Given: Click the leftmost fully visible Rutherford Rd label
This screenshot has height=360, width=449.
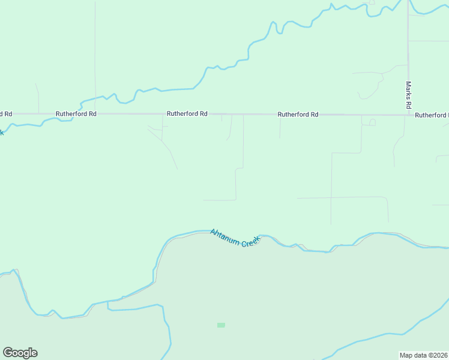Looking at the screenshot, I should pos(76,113).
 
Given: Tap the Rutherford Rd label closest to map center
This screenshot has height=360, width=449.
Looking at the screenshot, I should pos(187,113).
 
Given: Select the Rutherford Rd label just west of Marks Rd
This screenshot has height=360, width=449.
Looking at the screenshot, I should pos(298,114).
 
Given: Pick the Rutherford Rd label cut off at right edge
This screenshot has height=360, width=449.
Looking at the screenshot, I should pos(432,115).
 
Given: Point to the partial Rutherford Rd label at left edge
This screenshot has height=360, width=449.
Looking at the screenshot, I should pos(5,113).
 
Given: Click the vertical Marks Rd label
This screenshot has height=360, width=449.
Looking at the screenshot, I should pos(408,95).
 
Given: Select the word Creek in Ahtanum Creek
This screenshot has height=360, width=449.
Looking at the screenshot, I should pos(251,241).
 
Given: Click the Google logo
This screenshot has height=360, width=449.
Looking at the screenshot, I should pos(20,353).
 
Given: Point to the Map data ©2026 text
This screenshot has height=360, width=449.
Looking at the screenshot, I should pos(423,355).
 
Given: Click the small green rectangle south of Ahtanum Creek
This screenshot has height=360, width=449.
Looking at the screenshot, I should pos(221,325).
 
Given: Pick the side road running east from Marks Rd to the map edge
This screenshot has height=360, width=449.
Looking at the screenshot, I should pos(429,41).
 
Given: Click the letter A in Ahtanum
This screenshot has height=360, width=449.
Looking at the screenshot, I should pos(212,232).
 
